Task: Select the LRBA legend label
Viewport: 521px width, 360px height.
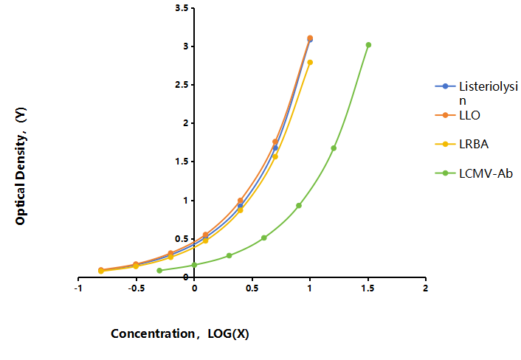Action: (x=474, y=144)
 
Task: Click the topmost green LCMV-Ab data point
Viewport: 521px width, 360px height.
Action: (x=368, y=45)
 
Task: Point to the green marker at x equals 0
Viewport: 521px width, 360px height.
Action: (x=194, y=265)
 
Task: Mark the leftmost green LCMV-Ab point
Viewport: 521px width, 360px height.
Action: (x=159, y=270)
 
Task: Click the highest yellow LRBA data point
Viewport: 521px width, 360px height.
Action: (x=310, y=62)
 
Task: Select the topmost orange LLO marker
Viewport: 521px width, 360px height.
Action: (x=310, y=38)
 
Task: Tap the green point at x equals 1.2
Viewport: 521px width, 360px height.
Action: (x=334, y=148)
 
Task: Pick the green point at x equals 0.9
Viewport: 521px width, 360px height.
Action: (x=299, y=206)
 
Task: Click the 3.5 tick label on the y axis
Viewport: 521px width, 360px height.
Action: (x=182, y=8)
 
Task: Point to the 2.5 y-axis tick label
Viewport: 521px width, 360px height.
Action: (x=182, y=85)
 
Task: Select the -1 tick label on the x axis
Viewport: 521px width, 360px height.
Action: (x=78, y=288)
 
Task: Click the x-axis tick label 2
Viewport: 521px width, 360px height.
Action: (x=426, y=288)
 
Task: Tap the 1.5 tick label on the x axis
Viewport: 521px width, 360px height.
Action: (x=368, y=288)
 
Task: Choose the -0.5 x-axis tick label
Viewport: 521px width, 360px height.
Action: (x=137, y=288)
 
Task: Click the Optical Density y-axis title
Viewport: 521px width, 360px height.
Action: (x=21, y=166)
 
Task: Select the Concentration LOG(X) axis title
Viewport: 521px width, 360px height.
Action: (x=180, y=333)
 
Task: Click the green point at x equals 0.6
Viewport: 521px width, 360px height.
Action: (x=264, y=238)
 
